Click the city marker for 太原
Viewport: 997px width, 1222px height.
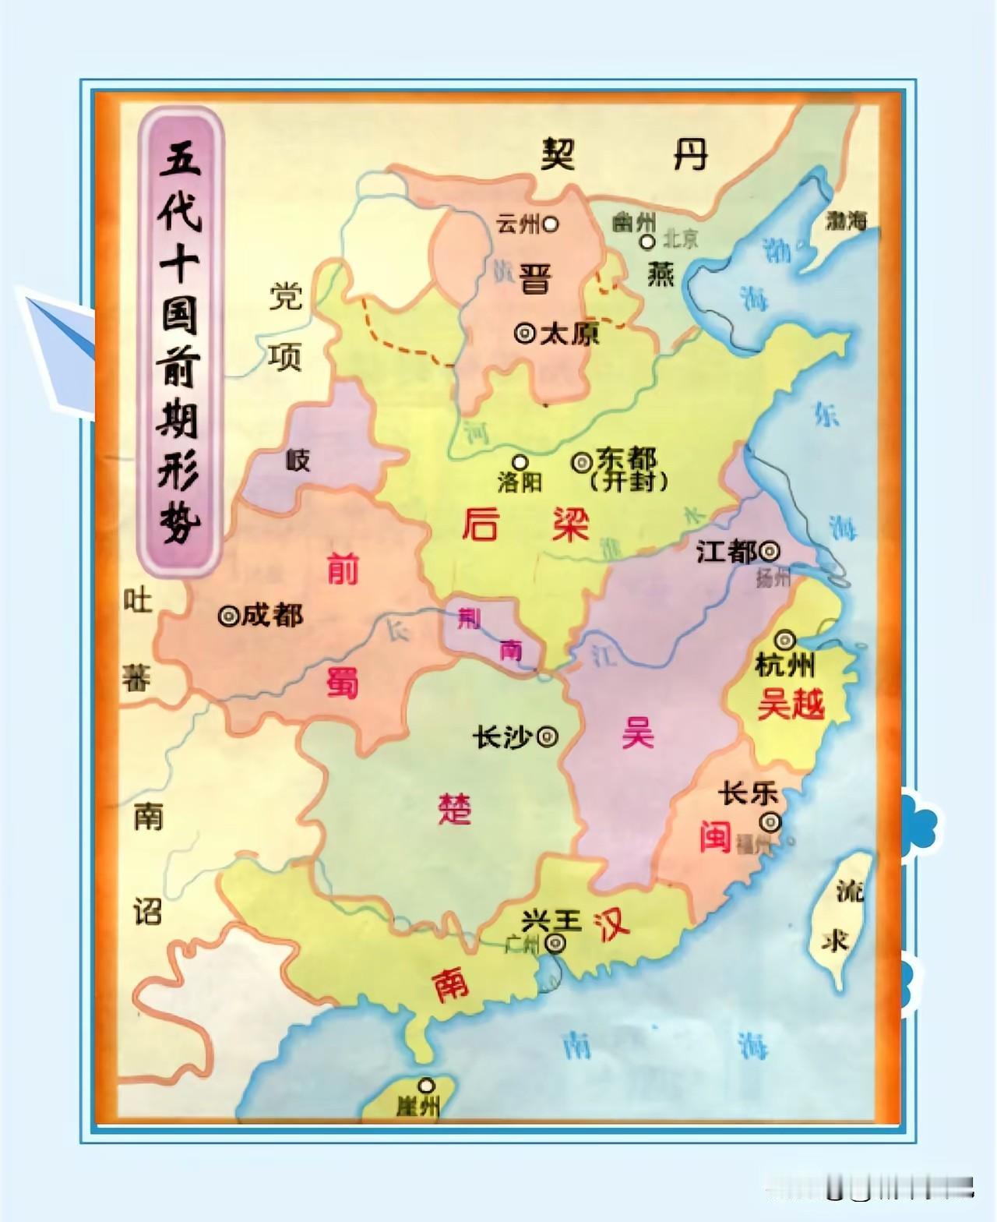pyautogui.click(x=525, y=334)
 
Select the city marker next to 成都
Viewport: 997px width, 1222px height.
pyautogui.click(x=228, y=616)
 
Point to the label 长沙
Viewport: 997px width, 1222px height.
pyautogui.click(x=502, y=736)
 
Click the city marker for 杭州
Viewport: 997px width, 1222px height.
pyautogui.click(x=784, y=641)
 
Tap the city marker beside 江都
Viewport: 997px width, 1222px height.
pyautogui.click(x=770, y=552)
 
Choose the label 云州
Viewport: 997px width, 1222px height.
pyautogui.click(x=517, y=224)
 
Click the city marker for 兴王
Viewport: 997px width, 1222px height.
pyautogui.click(x=555, y=944)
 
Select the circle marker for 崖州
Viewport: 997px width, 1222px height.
pyautogui.click(x=426, y=1085)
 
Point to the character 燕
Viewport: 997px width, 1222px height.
pyautogui.click(x=660, y=274)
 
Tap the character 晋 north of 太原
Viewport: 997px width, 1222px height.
pyautogui.click(x=535, y=278)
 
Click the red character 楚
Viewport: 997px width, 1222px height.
pyautogui.click(x=455, y=810)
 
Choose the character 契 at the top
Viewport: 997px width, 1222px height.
pyautogui.click(x=558, y=154)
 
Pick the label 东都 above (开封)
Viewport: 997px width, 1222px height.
pyautogui.click(x=625, y=459)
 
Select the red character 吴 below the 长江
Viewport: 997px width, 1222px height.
pyautogui.click(x=637, y=733)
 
